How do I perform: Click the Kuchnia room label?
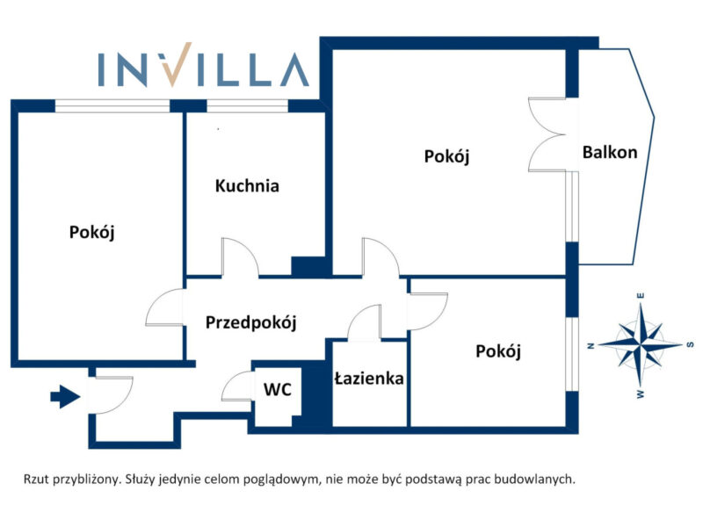coord(247,185)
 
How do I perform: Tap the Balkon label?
coord(610,152)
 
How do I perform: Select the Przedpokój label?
coord(251,322)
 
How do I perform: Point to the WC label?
coord(278,389)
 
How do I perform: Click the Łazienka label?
coord(369,379)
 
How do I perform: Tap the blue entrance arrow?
coord(65,397)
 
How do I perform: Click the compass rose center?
coord(641,344)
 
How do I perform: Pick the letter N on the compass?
coord(591,345)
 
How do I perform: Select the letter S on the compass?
coord(691,344)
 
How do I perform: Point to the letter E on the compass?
coord(641,296)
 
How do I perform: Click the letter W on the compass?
coord(641,394)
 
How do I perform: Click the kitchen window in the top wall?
coord(247,105)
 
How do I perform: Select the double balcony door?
coord(547,134)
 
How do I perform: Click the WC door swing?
coord(237,385)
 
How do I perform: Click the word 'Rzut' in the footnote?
coord(36,480)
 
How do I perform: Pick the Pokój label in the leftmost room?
coord(92,233)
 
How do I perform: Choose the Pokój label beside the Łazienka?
coord(498,351)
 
